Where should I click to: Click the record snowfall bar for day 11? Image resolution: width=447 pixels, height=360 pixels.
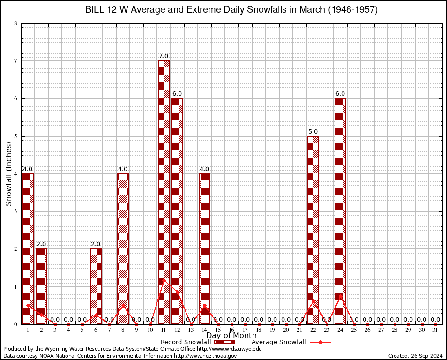164,192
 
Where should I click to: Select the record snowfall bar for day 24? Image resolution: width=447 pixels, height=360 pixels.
340,211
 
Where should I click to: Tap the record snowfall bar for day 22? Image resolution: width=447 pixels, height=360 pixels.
313,230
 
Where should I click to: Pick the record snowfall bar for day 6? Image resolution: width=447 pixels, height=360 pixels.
96,286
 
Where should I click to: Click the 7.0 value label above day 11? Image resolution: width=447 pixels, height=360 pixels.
164,56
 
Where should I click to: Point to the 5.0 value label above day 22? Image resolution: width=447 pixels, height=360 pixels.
313,132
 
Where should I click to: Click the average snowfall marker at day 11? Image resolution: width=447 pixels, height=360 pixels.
164,280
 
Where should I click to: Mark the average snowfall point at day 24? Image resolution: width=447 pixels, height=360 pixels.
340,296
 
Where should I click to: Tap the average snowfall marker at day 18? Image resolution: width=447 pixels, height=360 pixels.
259,324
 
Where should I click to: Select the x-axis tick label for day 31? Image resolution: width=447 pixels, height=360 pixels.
436,330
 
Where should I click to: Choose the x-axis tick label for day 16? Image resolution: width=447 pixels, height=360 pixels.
231,330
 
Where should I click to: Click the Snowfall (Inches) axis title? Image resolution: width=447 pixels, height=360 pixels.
9,173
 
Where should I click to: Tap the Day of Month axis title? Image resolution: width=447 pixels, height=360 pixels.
231,336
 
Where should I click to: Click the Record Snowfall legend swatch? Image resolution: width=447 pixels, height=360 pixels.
225,342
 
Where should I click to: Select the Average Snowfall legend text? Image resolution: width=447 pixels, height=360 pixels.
279,342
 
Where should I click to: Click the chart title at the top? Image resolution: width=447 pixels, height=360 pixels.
231,9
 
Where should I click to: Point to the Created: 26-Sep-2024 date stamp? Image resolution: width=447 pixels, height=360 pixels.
416,356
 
